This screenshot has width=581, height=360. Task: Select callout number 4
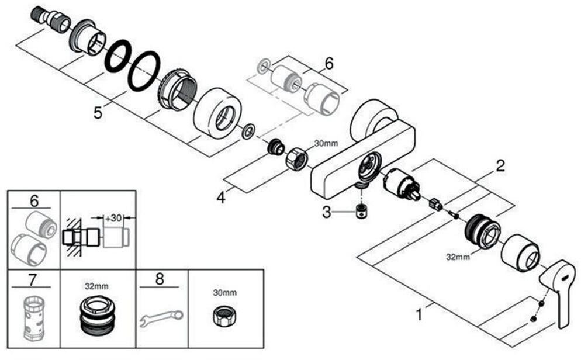click(x=220, y=198)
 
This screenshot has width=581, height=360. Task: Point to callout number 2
click(x=500, y=165)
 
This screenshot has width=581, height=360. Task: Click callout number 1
click(x=419, y=314)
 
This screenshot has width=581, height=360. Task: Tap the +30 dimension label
click(x=114, y=218)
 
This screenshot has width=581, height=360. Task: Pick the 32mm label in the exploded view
click(x=458, y=255)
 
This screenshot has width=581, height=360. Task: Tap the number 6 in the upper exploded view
click(x=329, y=64)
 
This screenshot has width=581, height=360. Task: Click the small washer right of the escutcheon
click(x=248, y=131)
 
